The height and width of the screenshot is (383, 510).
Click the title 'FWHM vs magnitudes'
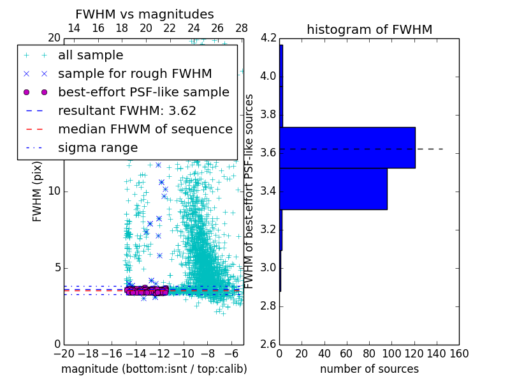[x=145, y=14]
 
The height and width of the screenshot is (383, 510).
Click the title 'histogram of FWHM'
[x=369, y=29]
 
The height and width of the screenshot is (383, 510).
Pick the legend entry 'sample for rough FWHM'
[x=135, y=73]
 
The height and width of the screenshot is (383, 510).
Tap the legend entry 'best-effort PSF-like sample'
[x=143, y=92]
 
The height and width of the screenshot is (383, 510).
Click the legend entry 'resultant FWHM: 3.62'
[x=127, y=110]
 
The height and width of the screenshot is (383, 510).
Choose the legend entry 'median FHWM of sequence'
[x=145, y=129]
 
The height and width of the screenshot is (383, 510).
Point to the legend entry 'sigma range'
[x=98, y=147]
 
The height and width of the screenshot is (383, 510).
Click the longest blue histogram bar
[x=347, y=147]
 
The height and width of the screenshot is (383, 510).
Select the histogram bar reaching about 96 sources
[x=333, y=188]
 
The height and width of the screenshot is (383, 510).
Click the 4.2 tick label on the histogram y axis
[x=268, y=38]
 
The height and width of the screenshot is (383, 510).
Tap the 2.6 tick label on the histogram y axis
[x=268, y=344]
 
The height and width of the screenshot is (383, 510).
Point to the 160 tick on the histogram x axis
[x=458, y=354]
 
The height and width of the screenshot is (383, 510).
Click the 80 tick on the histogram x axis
[x=369, y=354]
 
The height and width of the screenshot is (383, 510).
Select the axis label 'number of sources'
[x=369, y=369]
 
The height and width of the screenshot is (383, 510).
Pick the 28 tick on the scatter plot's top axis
[x=242, y=28]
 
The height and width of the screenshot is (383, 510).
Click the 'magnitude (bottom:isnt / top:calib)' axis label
[x=154, y=369]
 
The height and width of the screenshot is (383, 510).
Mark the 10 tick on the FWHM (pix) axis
[x=54, y=191]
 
